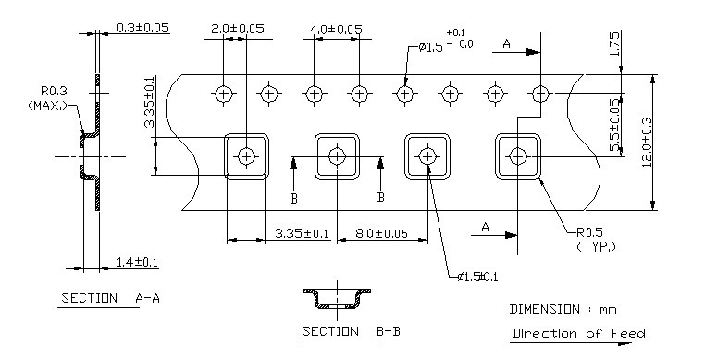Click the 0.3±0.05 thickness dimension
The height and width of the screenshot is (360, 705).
pos(143,28)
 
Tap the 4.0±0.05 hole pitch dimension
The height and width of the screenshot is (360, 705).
pos(335,30)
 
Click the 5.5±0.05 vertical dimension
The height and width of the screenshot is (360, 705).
pos(615,118)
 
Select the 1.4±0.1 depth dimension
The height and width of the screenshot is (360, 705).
pos(137,263)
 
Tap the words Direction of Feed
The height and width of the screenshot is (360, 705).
pos(578,333)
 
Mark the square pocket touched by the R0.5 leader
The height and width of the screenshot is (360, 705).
pos(517,155)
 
